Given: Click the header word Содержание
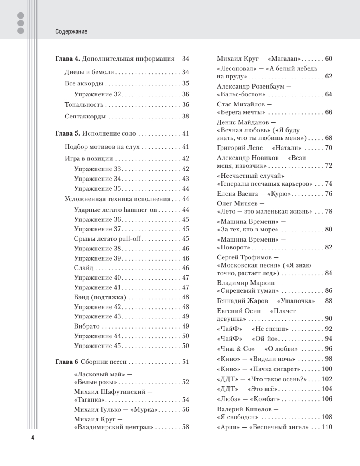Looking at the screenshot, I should click(71, 32).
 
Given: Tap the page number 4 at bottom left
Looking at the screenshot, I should click(33, 438).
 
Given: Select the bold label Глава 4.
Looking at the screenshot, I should click(67, 59).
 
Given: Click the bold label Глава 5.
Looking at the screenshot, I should click(67, 134).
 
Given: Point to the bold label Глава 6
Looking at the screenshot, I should click(66, 362).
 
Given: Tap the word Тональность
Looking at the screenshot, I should click(83, 105).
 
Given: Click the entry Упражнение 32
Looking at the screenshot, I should click(98, 94).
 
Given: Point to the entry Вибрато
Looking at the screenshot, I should click(87, 326).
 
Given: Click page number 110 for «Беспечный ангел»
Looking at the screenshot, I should click(327, 427).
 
